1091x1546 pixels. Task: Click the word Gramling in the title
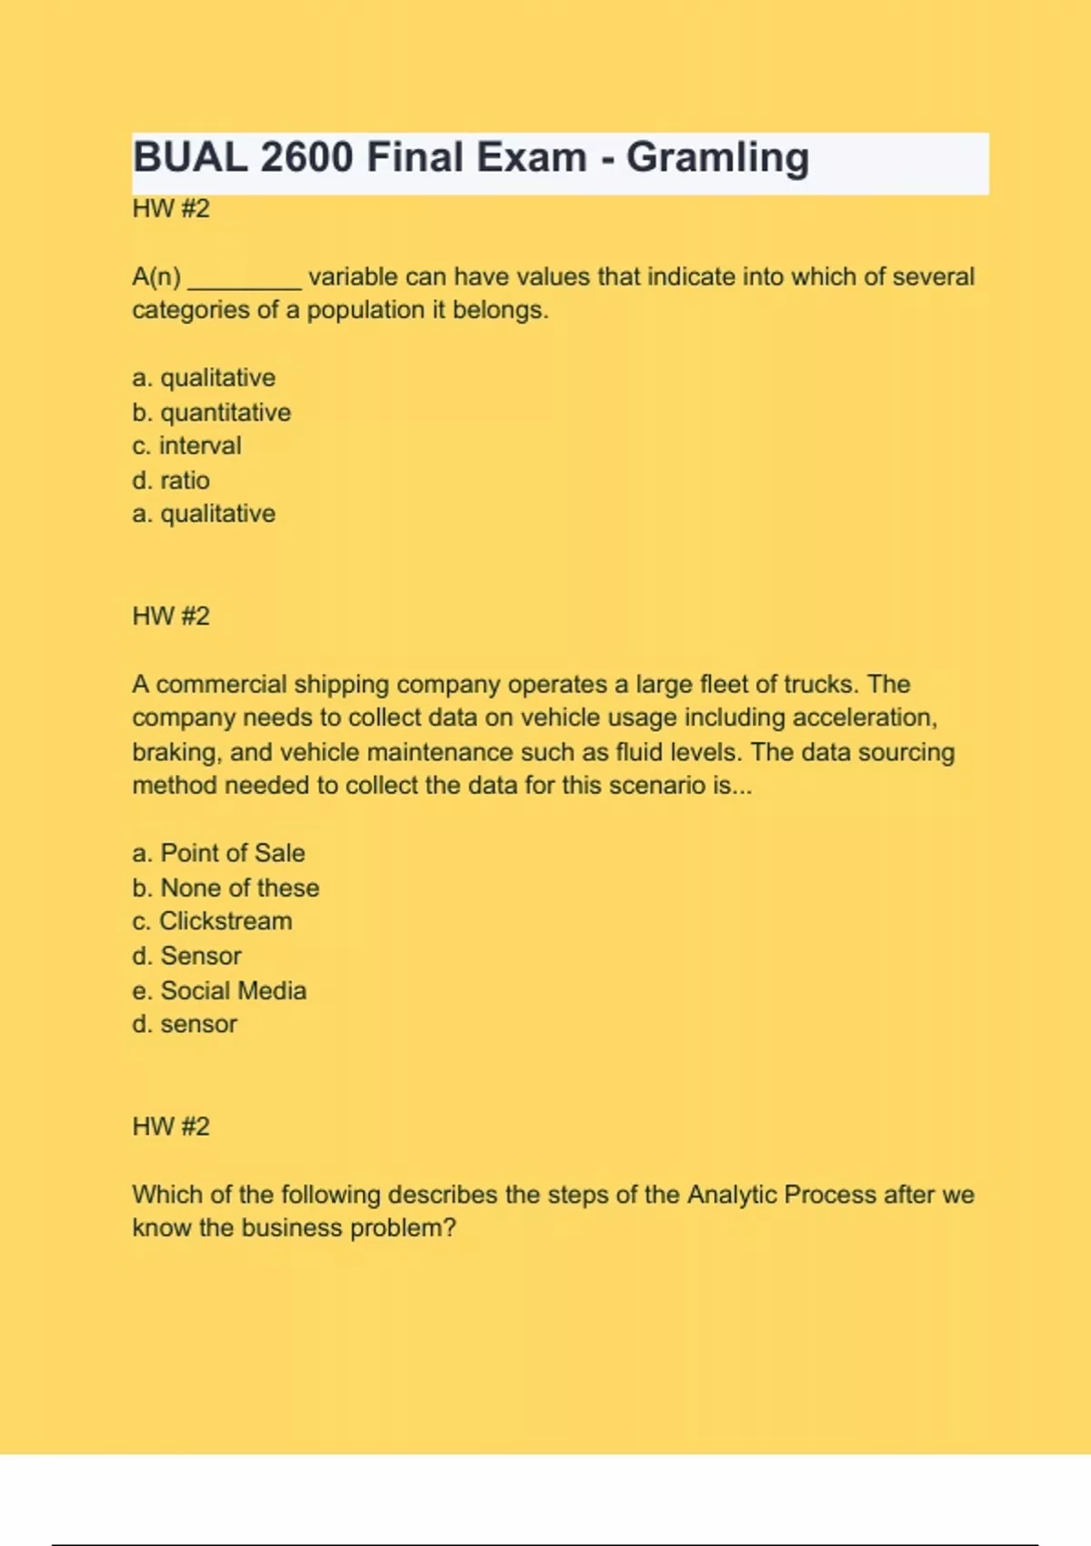[x=717, y=158]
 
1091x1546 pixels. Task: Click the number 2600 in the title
[x=306, y=158]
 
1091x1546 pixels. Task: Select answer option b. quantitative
[x=211, y=413]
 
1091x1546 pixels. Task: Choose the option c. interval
[x=186, y=447]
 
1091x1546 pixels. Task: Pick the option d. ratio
[x=171, y=480]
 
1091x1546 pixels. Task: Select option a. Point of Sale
[x=218, y=854]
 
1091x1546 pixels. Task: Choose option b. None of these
[x=225, y=888]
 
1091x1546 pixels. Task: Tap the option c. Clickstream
[x=212, y=922]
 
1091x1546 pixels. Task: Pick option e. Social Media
[x=219, y=991]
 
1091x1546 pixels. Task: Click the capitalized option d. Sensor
[x=186, y=957]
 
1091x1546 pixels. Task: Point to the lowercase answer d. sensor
[x=185, y=1025]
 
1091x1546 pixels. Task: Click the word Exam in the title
[x=532, y=158]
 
